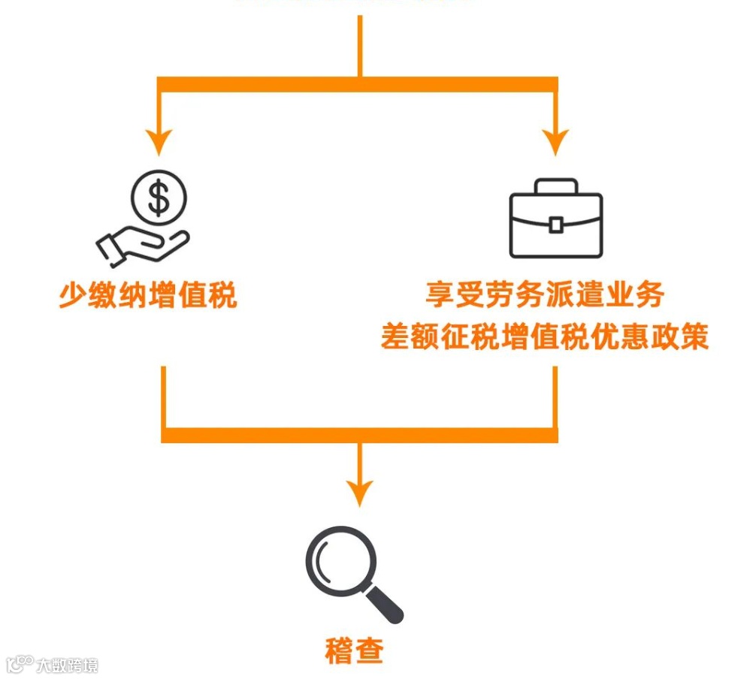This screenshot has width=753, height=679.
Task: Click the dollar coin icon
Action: pyautogui.click(x=159, y=198)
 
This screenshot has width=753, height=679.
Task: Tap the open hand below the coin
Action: pyautogui.click(x=143, y=246)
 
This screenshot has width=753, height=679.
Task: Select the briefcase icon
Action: pyautogui.click(x=555, y=218)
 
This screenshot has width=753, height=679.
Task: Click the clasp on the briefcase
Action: pyautogui.click(x=555, y=224)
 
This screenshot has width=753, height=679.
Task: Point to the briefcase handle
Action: pyautogui.click(x=555, y=186)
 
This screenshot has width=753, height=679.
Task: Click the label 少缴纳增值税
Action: pyautogui.click(x=148, y=295)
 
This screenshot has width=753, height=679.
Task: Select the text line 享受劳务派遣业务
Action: pyautogui.click(x=545, y=295)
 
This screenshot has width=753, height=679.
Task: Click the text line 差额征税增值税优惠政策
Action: pyautogui.click(x=545, y=336)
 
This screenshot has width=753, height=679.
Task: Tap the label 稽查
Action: pyautogui.click(x=355, y=650)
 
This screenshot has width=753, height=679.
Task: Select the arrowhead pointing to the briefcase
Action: pyautogui.click(x=555, y=140)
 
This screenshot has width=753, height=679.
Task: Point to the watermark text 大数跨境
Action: pyautogui.click(x=70, y=665)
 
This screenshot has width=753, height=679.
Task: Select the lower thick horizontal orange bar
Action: pyautogui.click(x=360, y=435)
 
